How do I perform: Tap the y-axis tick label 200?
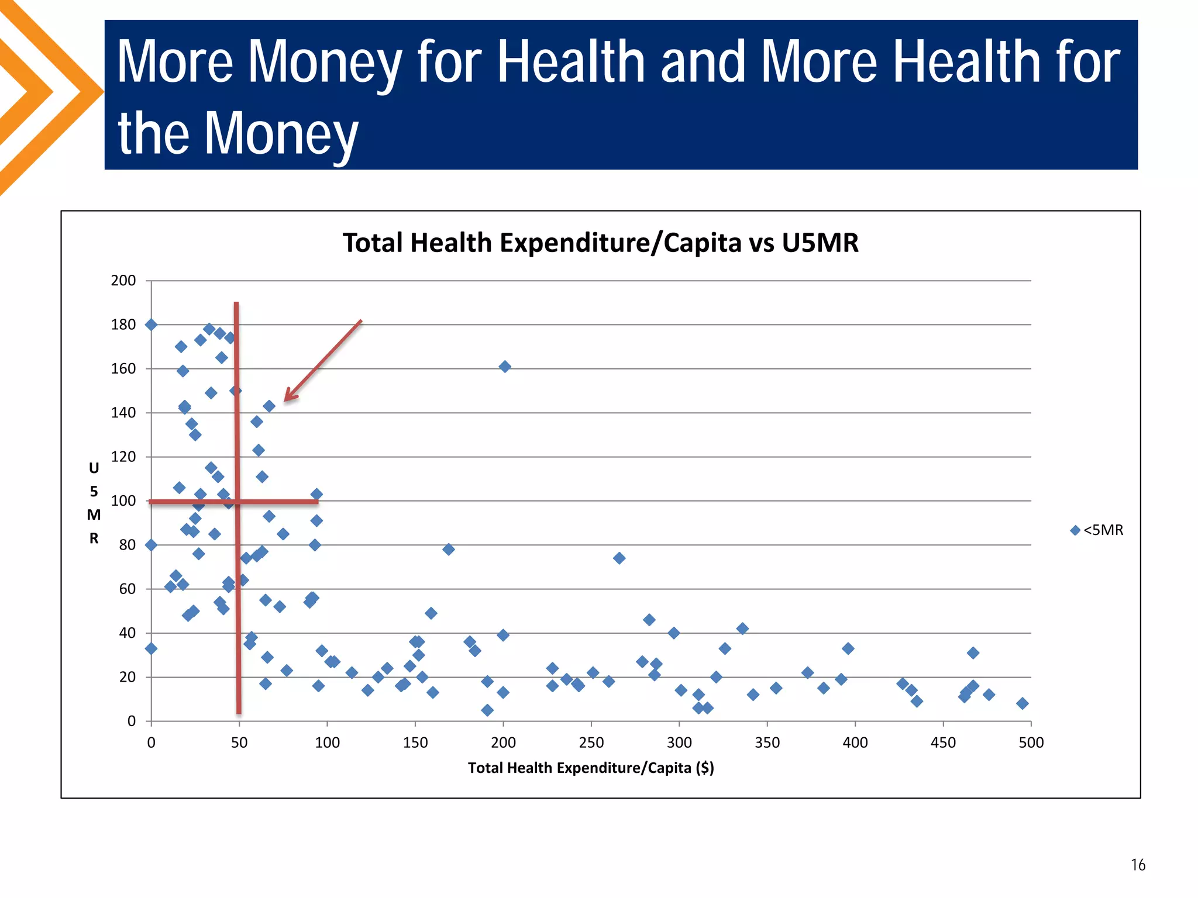click(123, 281)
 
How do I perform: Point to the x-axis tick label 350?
click(767, 743)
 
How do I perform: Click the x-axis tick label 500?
click(1031, 743)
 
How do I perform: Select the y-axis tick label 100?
click(123, 501)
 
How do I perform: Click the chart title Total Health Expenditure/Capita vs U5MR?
click(600, 243)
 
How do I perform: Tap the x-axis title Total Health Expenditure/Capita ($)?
click(591, 768)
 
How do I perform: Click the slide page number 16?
click(1138, 865)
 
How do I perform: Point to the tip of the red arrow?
click(285, 401)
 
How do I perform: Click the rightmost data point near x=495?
click(1022, 703)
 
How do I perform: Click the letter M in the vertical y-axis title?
click(94, 515)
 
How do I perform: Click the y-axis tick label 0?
click(132, 721)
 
